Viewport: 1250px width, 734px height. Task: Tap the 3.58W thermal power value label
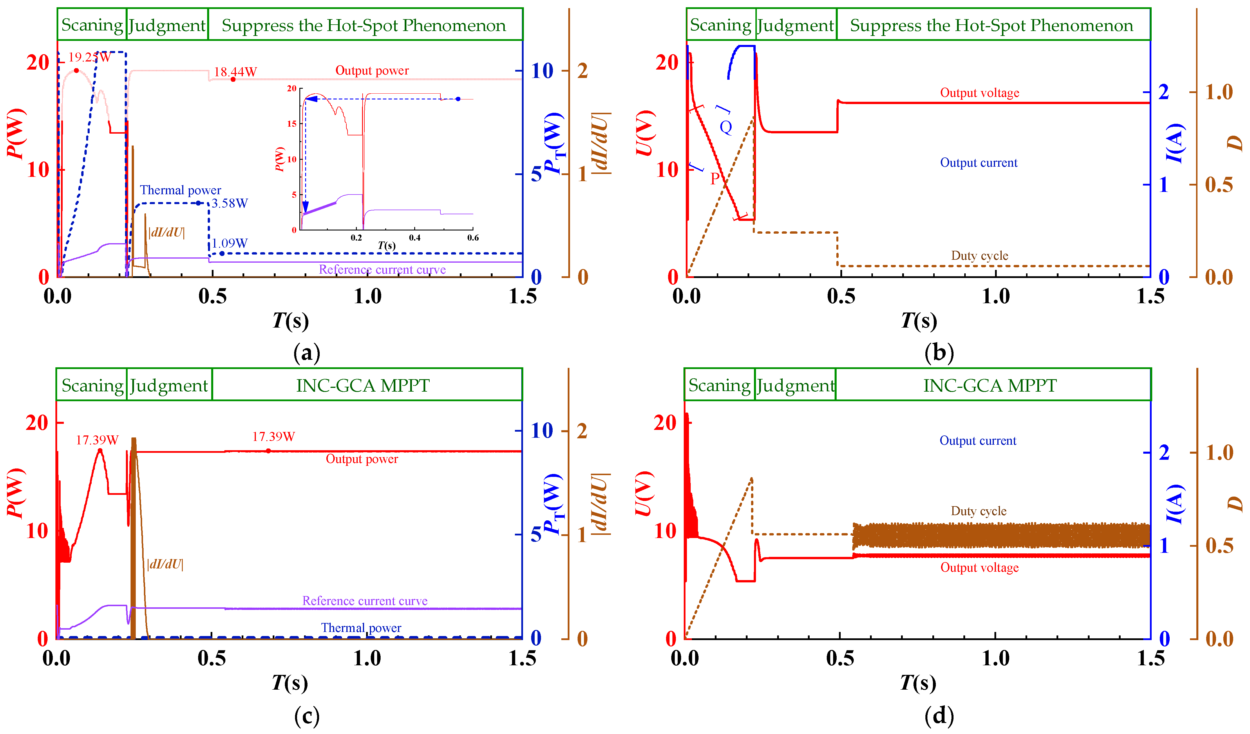click(x=230, y=203)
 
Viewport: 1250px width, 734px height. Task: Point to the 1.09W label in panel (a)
click(x=230, y=243)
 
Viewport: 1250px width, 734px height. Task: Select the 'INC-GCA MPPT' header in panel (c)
click(x=363, y=386)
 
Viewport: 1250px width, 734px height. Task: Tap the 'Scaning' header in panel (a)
click(x=92, y=25)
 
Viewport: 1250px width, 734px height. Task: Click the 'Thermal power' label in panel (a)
click(x=180, y=190)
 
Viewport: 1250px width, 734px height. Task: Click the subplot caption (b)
click(x=939, y=353)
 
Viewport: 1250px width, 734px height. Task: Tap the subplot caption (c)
click(x=307, y=716)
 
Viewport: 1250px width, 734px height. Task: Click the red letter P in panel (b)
click(x=715, y=178)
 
